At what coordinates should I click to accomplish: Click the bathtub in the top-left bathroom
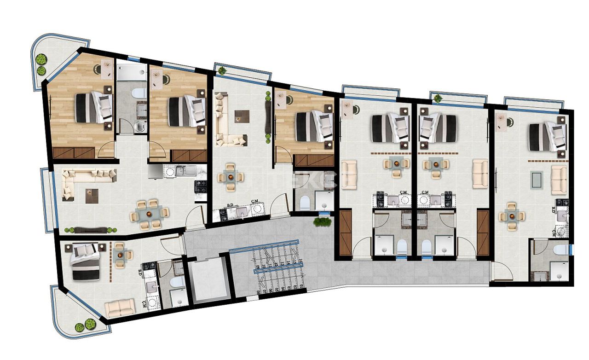click(x=131, y=72)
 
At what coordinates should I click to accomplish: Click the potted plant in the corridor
click(x=322, y=222)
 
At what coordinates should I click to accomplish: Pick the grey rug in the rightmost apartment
click(x=536, y=180)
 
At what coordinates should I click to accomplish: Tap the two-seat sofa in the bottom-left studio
click(x=120, y=307)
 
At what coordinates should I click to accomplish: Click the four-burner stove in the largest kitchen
click(x=201, y=186)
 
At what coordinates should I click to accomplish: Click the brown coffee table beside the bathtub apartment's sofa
click(x=92, y=196)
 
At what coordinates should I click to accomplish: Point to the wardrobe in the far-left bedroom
click(x=74, y=153)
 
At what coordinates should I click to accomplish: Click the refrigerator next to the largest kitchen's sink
click(x=155, y=172)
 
